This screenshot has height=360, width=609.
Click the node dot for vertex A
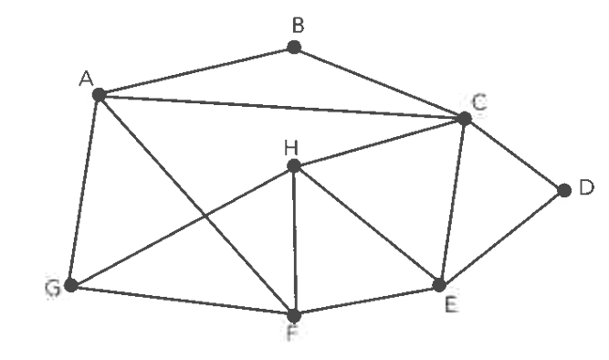[x=100, y=94]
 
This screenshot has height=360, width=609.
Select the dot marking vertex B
[x=294, y=48]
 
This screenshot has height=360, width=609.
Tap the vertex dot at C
[x=465, y=118]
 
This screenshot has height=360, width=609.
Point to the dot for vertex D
[x=564, y=190]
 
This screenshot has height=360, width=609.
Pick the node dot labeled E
[x=439, y=285]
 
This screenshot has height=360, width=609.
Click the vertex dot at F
[x=294, y=315]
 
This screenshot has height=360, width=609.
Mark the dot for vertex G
[x=70, y=285]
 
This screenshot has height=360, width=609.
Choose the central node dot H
[x=294, y=166]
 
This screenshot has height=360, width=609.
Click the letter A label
[x=86, y=79]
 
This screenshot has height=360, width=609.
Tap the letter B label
[x=298, y=26]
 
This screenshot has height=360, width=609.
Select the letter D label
[x=586, y=187]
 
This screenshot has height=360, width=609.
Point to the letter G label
[x=53, y=289]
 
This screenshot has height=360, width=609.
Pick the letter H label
[x=291, y=148]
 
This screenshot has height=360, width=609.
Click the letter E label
[x=451, y=304]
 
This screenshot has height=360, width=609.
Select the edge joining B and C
[x=379, y=83]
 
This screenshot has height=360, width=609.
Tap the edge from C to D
[x=514, y=154]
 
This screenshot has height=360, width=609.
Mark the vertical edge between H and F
[x=294, y=240]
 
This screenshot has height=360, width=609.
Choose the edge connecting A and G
[x=85, y=190]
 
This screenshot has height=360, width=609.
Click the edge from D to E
[x=501, y=238]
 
